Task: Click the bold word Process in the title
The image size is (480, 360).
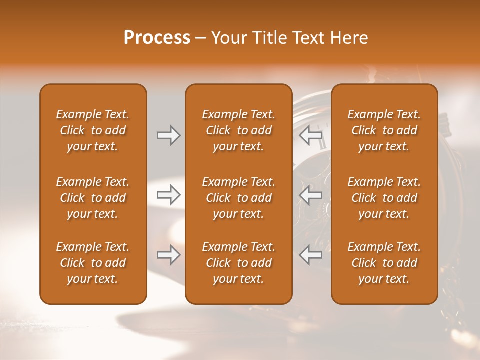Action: point(157,38)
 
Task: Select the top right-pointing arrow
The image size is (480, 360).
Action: point(169,135)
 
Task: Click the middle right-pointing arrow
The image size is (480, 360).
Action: point(169,195)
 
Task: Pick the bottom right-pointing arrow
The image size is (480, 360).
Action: point(169,255)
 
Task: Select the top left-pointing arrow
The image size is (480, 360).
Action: point(311,135)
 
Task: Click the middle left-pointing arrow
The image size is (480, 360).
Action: point(311,195)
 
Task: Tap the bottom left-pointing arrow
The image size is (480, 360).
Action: point(311,255)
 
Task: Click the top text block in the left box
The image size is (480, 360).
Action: point(93,130)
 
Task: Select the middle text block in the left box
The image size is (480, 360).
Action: point(93,198)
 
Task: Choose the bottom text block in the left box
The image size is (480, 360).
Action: point(93,263)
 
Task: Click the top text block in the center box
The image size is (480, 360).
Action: point(238,130)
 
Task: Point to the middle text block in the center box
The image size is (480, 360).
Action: point(238,198)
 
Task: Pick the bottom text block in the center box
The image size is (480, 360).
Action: point(238,263)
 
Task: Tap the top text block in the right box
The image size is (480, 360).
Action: point(384,130)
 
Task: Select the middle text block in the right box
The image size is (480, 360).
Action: point(384,198)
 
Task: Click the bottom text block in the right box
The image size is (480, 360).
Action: point(384,263)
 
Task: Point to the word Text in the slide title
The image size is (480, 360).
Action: point(308,38)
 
